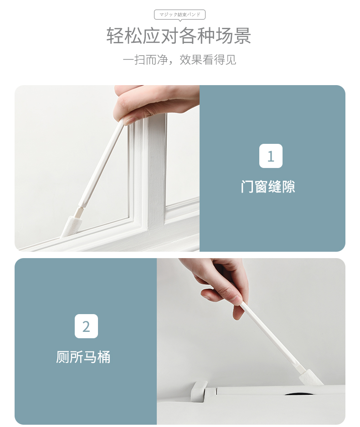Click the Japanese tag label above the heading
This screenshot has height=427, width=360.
coord(180,15)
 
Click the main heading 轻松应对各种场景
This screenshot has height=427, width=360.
coord(179,36)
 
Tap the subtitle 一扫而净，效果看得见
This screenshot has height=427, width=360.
coord(180,60)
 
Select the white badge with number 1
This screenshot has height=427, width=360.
coord(271,156)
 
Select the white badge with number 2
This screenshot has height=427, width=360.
coord(86,326)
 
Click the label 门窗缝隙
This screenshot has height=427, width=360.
coord(268,187)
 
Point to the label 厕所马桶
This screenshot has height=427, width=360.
coord(83,357)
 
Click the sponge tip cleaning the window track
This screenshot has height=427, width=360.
coord(71,226)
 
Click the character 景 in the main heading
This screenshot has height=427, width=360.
coord(242,36)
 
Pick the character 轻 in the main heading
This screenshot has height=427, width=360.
coord(115,36)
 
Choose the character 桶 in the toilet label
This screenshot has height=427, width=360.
coord(104,357)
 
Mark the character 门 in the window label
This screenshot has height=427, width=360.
coord(247,187)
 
